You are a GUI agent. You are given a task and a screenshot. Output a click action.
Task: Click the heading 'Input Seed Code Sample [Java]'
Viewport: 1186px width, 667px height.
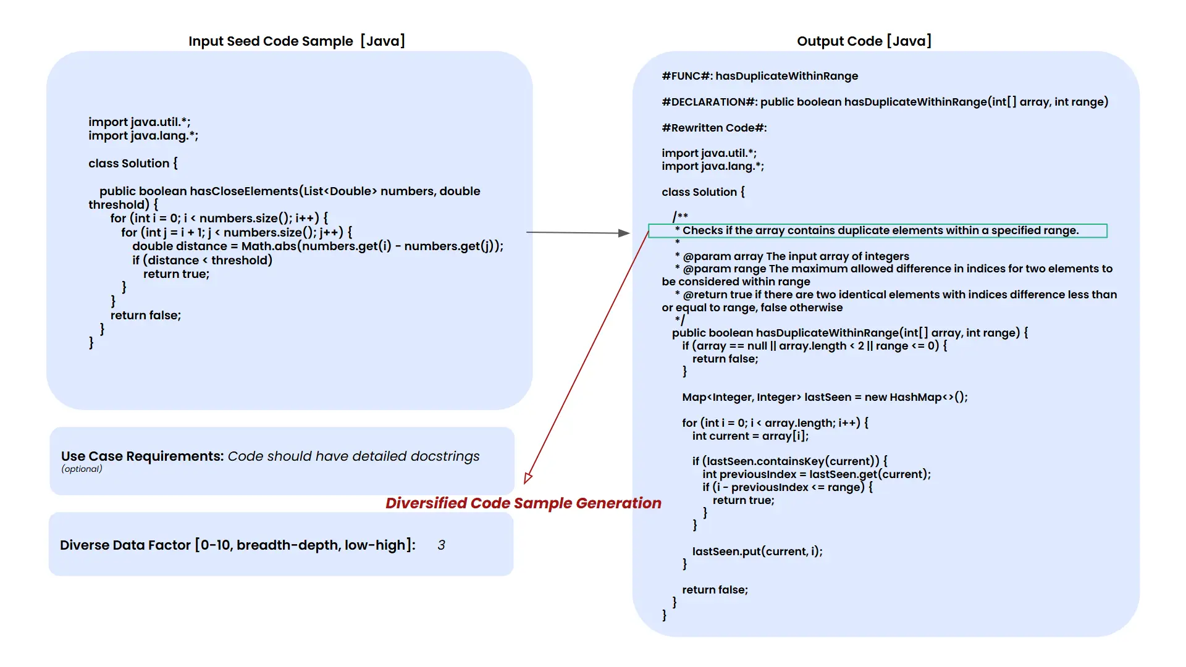coord(296,41)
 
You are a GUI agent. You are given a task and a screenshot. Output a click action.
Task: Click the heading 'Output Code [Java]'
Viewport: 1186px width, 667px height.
coord(864,41)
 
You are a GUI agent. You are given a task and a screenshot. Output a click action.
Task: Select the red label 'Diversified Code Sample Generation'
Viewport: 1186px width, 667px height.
coord(523,503)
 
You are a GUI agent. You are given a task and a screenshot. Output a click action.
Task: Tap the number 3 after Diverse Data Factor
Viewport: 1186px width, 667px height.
coord(441,545)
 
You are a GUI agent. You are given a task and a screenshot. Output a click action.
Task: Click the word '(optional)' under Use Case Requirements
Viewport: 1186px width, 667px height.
coord(82,469)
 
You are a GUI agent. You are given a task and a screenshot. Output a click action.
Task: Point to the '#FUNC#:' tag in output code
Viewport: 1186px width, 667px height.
coord(686,76)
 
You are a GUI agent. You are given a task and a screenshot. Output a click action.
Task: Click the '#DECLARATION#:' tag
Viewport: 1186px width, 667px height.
coord(709,102)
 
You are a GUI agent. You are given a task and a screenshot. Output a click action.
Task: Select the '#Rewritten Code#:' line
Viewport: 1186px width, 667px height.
coord(714,128)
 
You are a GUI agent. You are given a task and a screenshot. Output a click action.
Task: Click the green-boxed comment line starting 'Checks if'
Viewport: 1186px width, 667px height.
coord(877,231)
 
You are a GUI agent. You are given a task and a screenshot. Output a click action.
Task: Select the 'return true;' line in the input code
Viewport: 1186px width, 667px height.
coord(176,274)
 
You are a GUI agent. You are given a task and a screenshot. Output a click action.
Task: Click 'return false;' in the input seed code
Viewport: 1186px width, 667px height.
coord(146,316)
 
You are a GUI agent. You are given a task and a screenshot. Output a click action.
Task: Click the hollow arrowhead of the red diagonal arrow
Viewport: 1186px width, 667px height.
coord(528,477)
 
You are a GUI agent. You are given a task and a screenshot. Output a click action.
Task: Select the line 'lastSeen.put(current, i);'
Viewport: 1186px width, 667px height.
coord(757,552)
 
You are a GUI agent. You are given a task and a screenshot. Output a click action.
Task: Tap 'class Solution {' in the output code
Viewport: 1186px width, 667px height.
coord(703,192)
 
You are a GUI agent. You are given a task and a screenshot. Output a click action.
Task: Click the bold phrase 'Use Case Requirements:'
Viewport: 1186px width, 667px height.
coord(142,456)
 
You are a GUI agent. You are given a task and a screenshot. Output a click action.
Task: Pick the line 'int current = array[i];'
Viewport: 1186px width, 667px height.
coord(750,436)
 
